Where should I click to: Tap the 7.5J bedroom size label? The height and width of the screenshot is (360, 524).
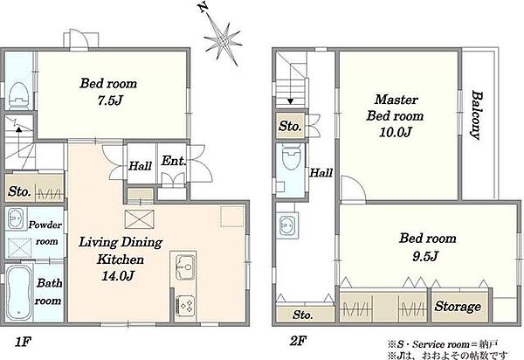[x=108, y=100]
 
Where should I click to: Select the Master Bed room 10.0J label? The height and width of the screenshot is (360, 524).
[x=395, y=115]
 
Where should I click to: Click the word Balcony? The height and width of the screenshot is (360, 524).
[x=476, y=115]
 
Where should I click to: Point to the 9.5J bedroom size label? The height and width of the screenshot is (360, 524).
[x=424, y=256]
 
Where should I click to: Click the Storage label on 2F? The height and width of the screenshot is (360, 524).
[x=458, y=306]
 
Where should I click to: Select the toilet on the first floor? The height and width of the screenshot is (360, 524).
[x=18, y=96]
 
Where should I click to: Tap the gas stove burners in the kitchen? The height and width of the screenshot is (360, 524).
[x=185, y=305]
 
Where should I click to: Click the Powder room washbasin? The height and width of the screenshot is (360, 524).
[x=16, y=218]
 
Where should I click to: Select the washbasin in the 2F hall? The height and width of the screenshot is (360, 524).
[x=286, y=225]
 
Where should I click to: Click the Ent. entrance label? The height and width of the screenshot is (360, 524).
[x=173, y=161]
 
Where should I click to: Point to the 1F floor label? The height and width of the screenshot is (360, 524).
[x=23, y=342]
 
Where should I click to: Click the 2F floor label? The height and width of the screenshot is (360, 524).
[x=298, y=342]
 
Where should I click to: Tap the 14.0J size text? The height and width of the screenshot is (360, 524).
[x=118, y=276]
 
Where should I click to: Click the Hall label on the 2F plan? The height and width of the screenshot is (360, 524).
[x=321, y=173]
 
